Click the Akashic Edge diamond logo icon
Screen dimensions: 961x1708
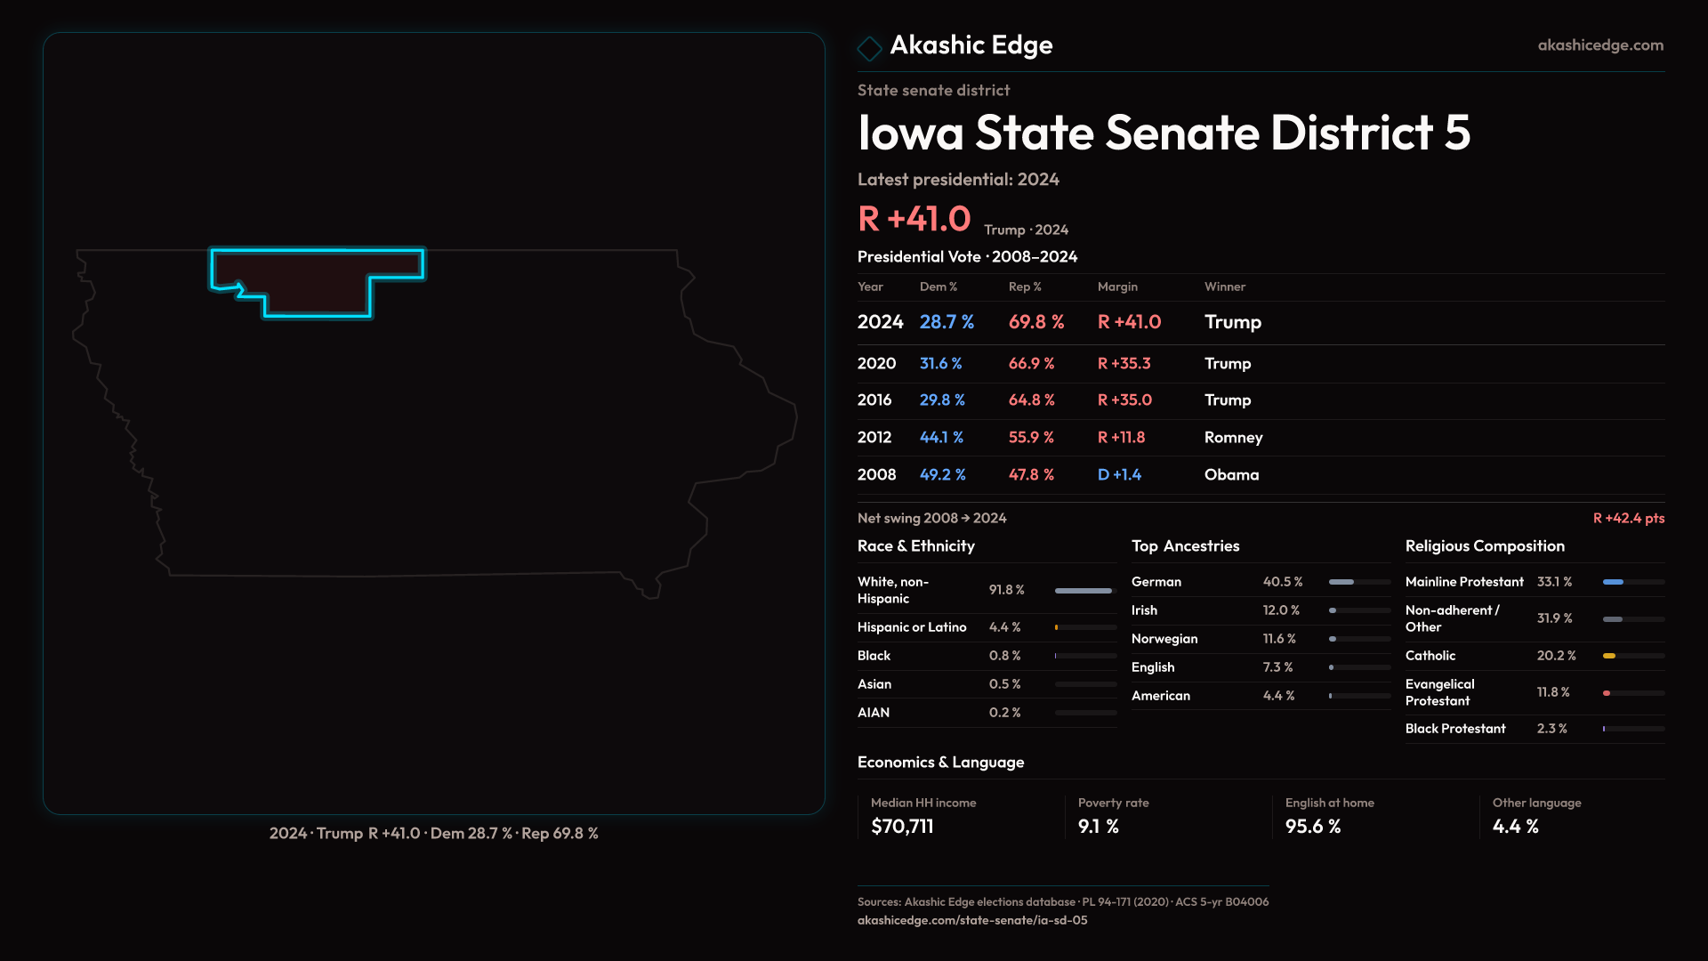(869, 48)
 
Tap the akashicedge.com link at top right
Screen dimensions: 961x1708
(1599, 45)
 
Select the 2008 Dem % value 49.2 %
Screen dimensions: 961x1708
(942, 475)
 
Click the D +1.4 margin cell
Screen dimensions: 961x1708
(1119, 475)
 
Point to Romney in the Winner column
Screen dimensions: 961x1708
(1233, 438)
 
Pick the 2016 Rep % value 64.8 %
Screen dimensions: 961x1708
(1031, 400)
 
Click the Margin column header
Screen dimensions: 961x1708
(1117, 287)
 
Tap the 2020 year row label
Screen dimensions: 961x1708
(876, 364)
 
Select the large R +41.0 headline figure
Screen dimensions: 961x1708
(914, 219)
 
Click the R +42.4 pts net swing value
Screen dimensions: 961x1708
(1628, 518)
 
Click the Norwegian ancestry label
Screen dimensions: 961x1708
(1164, 639)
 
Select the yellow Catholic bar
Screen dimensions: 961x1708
(1609, 656)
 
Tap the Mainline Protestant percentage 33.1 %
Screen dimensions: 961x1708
(1554, 582)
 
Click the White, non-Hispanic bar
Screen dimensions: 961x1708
(1083, 591)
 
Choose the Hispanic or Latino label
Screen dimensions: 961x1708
(912, 627)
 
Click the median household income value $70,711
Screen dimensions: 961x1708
(902, 827)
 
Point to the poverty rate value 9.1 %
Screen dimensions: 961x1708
(1098, 827)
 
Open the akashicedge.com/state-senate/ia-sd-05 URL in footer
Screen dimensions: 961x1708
(971, 921)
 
